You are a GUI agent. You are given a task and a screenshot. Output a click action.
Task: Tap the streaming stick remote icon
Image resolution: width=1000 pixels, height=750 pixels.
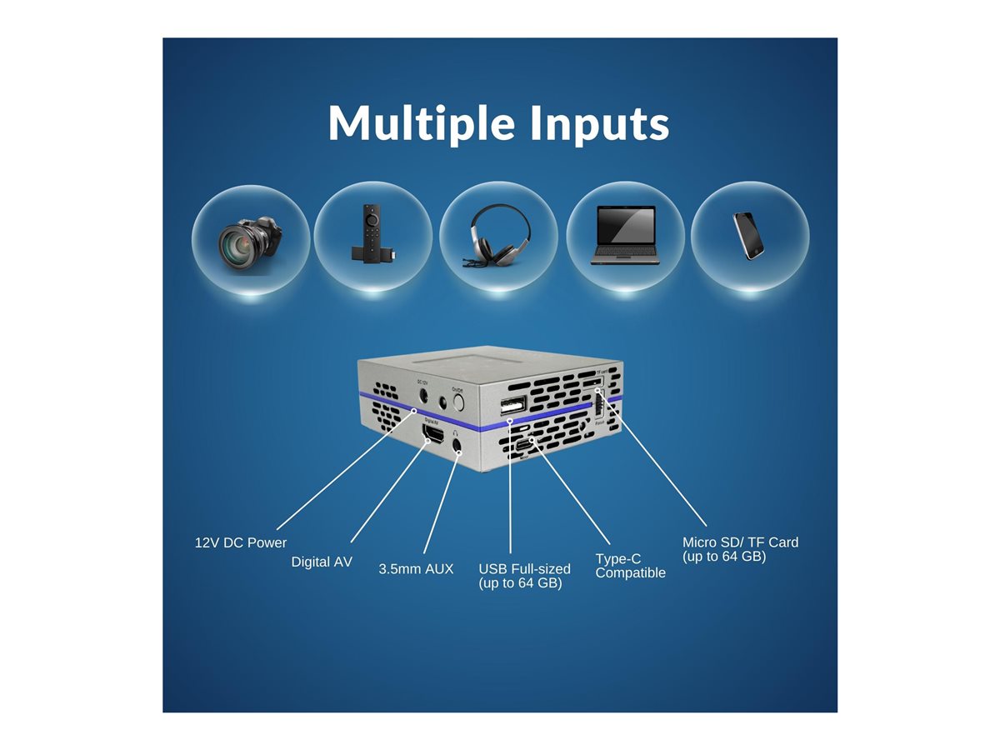click(x=372, y=237)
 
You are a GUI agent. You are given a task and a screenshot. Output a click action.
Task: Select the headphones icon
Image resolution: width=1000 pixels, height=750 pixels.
click(x=498, y=237)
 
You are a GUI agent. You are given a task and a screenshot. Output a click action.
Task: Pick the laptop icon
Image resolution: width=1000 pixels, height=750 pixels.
click(x=625, y=237)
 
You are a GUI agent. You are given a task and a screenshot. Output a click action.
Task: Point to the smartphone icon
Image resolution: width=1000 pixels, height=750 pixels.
click(x=749, y=237)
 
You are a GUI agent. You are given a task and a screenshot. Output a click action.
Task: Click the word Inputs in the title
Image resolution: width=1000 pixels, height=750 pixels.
click(x=597, y=123)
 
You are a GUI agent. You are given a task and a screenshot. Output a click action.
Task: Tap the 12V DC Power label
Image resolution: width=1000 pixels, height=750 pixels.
click(x=241, y=542)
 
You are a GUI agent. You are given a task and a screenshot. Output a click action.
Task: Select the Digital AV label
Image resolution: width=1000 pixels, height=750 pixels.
click(x=322, y=562)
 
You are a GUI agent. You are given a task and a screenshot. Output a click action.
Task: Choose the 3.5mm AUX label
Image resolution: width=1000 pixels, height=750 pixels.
click(x=416, y=569)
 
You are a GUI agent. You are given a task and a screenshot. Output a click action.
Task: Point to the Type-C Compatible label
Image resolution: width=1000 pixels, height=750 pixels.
click(x=630, y=566)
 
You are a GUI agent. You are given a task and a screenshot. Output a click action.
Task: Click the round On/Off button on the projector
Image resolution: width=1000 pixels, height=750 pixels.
click(x=457, y=403)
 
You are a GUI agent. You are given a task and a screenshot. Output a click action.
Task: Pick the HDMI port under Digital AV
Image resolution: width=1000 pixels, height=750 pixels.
click(x=432, y=435)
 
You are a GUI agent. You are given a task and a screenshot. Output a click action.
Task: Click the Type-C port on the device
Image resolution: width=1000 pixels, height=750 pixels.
click(x=522, y=445)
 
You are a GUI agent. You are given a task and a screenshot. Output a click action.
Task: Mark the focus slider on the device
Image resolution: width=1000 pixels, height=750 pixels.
click(x=597, y=406)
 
